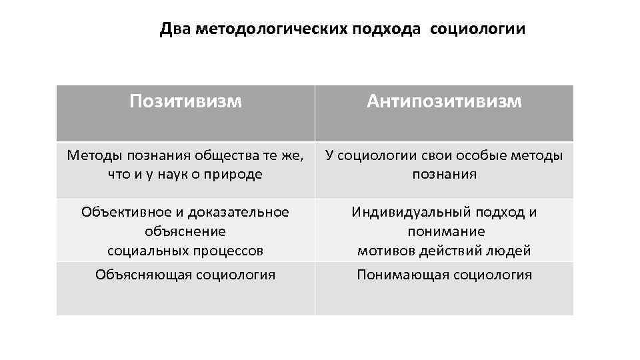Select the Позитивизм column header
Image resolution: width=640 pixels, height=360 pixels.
[185, 101]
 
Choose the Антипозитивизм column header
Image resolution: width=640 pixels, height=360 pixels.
[444, 101]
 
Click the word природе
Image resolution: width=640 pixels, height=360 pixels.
[238, 174]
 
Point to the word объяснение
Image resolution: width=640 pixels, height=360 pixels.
[185, 231]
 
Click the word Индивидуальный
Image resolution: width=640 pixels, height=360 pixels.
[413, 212]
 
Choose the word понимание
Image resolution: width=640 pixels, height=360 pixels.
[445, 231]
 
